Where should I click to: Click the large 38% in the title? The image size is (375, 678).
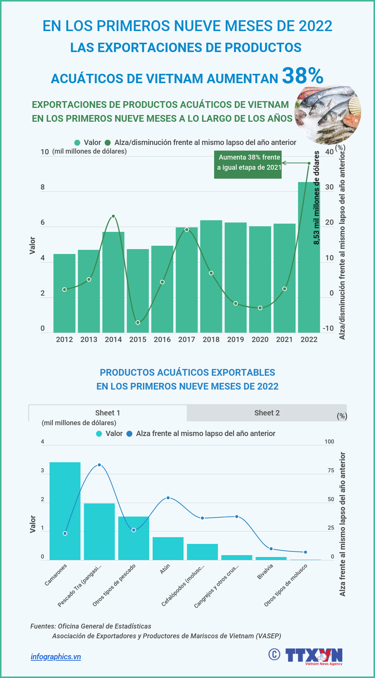click(x=302, y=76)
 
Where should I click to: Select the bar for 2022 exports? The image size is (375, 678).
click(x=309, y=262)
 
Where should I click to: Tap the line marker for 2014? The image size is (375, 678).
click(x=113, y=217)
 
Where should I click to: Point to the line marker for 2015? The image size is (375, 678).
click(x=138, y=323)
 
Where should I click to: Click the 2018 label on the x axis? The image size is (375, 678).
click(x=211, y=339)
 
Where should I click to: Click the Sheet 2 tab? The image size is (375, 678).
click(x=267, y=413)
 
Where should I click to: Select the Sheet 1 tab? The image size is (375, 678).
click(x=108, y=413)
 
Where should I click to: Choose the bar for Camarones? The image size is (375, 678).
click(x=65, y=511)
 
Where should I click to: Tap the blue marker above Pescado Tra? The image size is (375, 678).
click(x=99, y=465)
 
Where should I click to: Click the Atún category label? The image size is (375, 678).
click(x=165, y=569)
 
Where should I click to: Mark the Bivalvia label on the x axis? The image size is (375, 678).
click(x=265, y=572)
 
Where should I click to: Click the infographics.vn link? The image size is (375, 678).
click(x=56, y=657)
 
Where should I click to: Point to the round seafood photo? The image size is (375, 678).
click(x=328, y=114)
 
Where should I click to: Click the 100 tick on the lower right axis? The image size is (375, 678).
click(x=329, y=442)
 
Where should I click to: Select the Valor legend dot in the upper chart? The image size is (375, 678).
click(x=77, y=143)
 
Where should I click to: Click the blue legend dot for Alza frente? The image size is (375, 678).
click(x=129, y=434)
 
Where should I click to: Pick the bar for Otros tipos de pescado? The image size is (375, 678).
click(x=133, y=538)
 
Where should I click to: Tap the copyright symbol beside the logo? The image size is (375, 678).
click(x=274, y=654)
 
